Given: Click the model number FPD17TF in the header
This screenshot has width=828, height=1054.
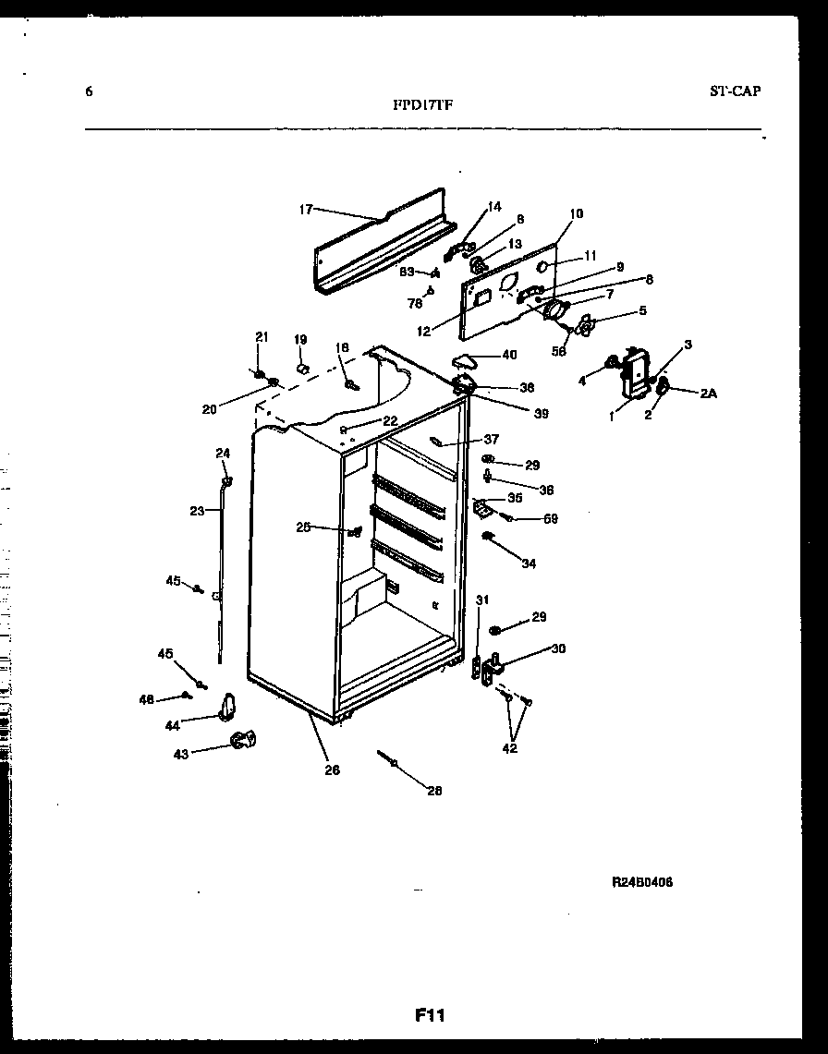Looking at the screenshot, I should point(422,105).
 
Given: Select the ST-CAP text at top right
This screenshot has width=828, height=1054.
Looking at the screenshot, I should point(735,91).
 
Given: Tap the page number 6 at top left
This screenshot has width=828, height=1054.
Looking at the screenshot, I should point(89,91).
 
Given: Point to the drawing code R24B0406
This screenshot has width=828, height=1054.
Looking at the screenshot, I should point(641,882).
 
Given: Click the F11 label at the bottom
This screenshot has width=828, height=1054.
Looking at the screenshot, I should point(430,1015).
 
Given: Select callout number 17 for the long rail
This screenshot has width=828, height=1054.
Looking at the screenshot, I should point(306,210).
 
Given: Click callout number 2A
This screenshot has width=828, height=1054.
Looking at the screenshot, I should point(708,393).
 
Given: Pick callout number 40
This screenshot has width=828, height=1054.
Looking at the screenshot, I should point(509,355).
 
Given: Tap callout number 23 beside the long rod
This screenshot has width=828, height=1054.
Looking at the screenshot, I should point(196,510).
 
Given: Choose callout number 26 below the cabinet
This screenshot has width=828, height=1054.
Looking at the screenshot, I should point(332,770).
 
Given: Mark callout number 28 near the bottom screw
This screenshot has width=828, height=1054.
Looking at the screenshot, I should point(434,790).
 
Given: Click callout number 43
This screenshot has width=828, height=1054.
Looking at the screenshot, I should point(181,754).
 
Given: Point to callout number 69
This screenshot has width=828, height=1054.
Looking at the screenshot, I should point(550,519).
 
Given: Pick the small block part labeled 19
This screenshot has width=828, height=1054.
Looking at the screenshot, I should point(300,368).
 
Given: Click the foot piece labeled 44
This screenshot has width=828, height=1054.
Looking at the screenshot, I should point(227,708).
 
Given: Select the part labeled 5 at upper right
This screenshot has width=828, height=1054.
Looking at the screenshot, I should point(584,326).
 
